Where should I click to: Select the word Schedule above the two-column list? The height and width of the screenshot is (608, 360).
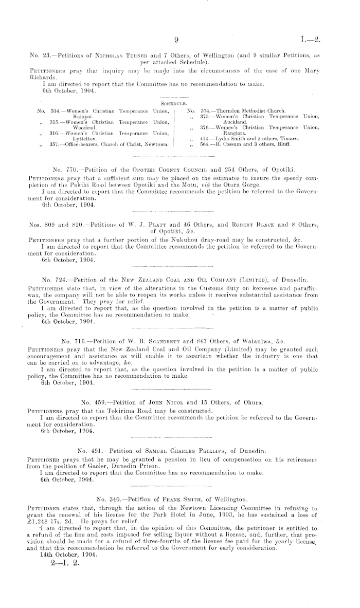point(180,103)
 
